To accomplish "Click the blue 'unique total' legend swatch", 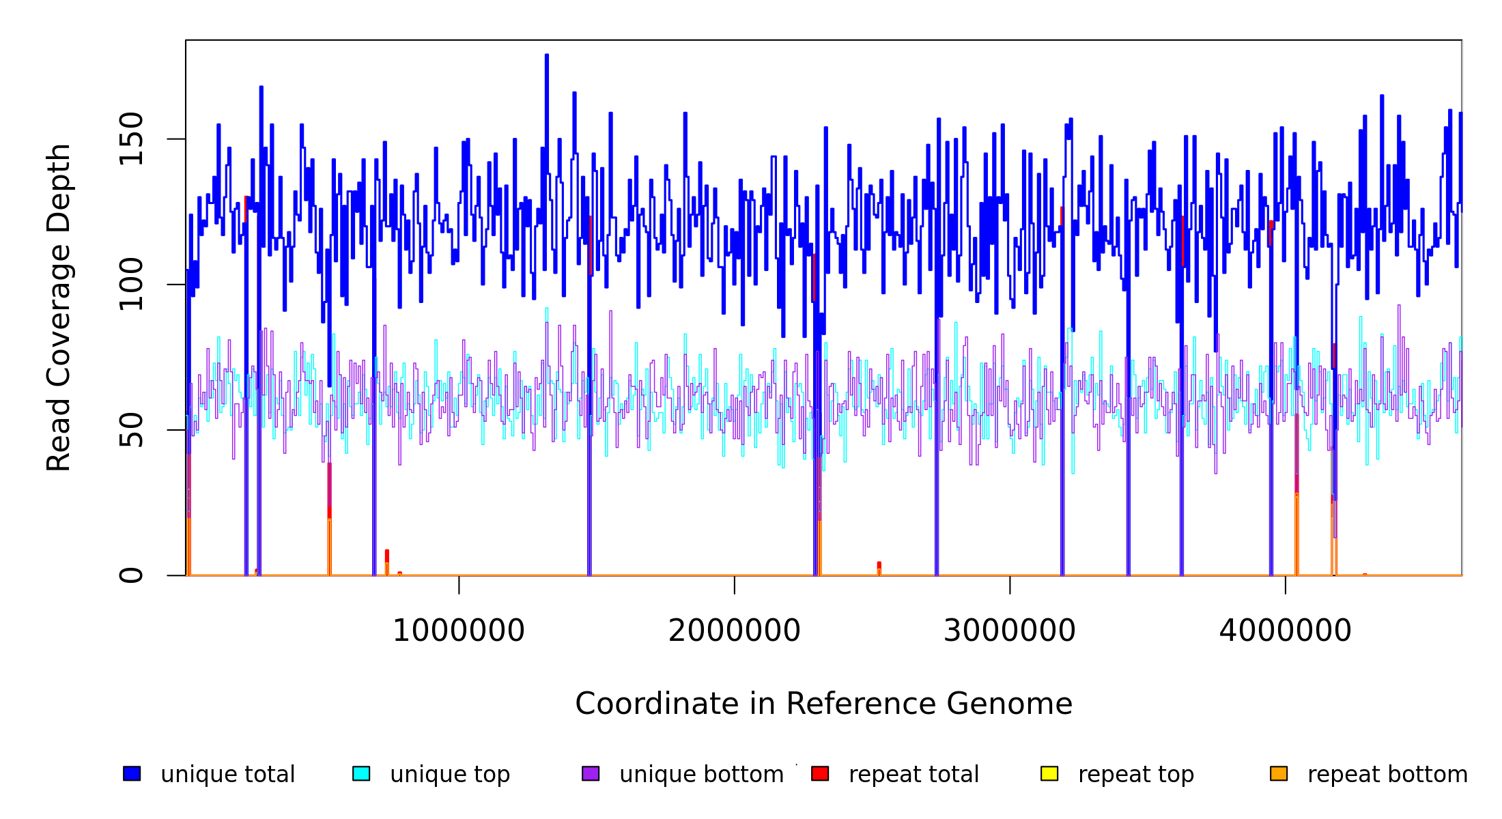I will tap(132, 773).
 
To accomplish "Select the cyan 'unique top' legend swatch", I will tap(361, 773).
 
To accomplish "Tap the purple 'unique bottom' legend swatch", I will tap(591, 773).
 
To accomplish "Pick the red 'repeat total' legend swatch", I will tap(820, 773).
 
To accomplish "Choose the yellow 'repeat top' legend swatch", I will tap(1049, 773).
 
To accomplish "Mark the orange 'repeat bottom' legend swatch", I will tap(1279, 773).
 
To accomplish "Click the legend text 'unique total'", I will tap(227, 775).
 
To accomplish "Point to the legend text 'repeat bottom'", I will tap(1387, 775).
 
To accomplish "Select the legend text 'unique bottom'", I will tap(701, 775).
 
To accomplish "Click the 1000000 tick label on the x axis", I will tap(458, 631).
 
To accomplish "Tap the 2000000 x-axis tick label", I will tap(734, 631).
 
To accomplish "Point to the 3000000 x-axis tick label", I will tap(1009, 631).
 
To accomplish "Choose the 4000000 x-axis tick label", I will tap(1285, 631).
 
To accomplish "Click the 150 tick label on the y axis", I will tap(131, 139).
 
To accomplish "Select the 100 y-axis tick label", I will tap(131, 285).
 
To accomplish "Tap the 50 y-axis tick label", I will tap(131, 430).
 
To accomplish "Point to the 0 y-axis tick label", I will tap(131, 575).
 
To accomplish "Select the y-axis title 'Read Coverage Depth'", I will tap(59, 307).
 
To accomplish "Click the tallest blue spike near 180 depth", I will tap(547, 57).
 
